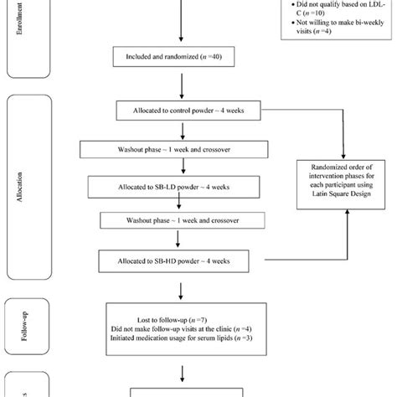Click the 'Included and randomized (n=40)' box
tap(182, 57)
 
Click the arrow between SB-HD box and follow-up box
tap(182, 288)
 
